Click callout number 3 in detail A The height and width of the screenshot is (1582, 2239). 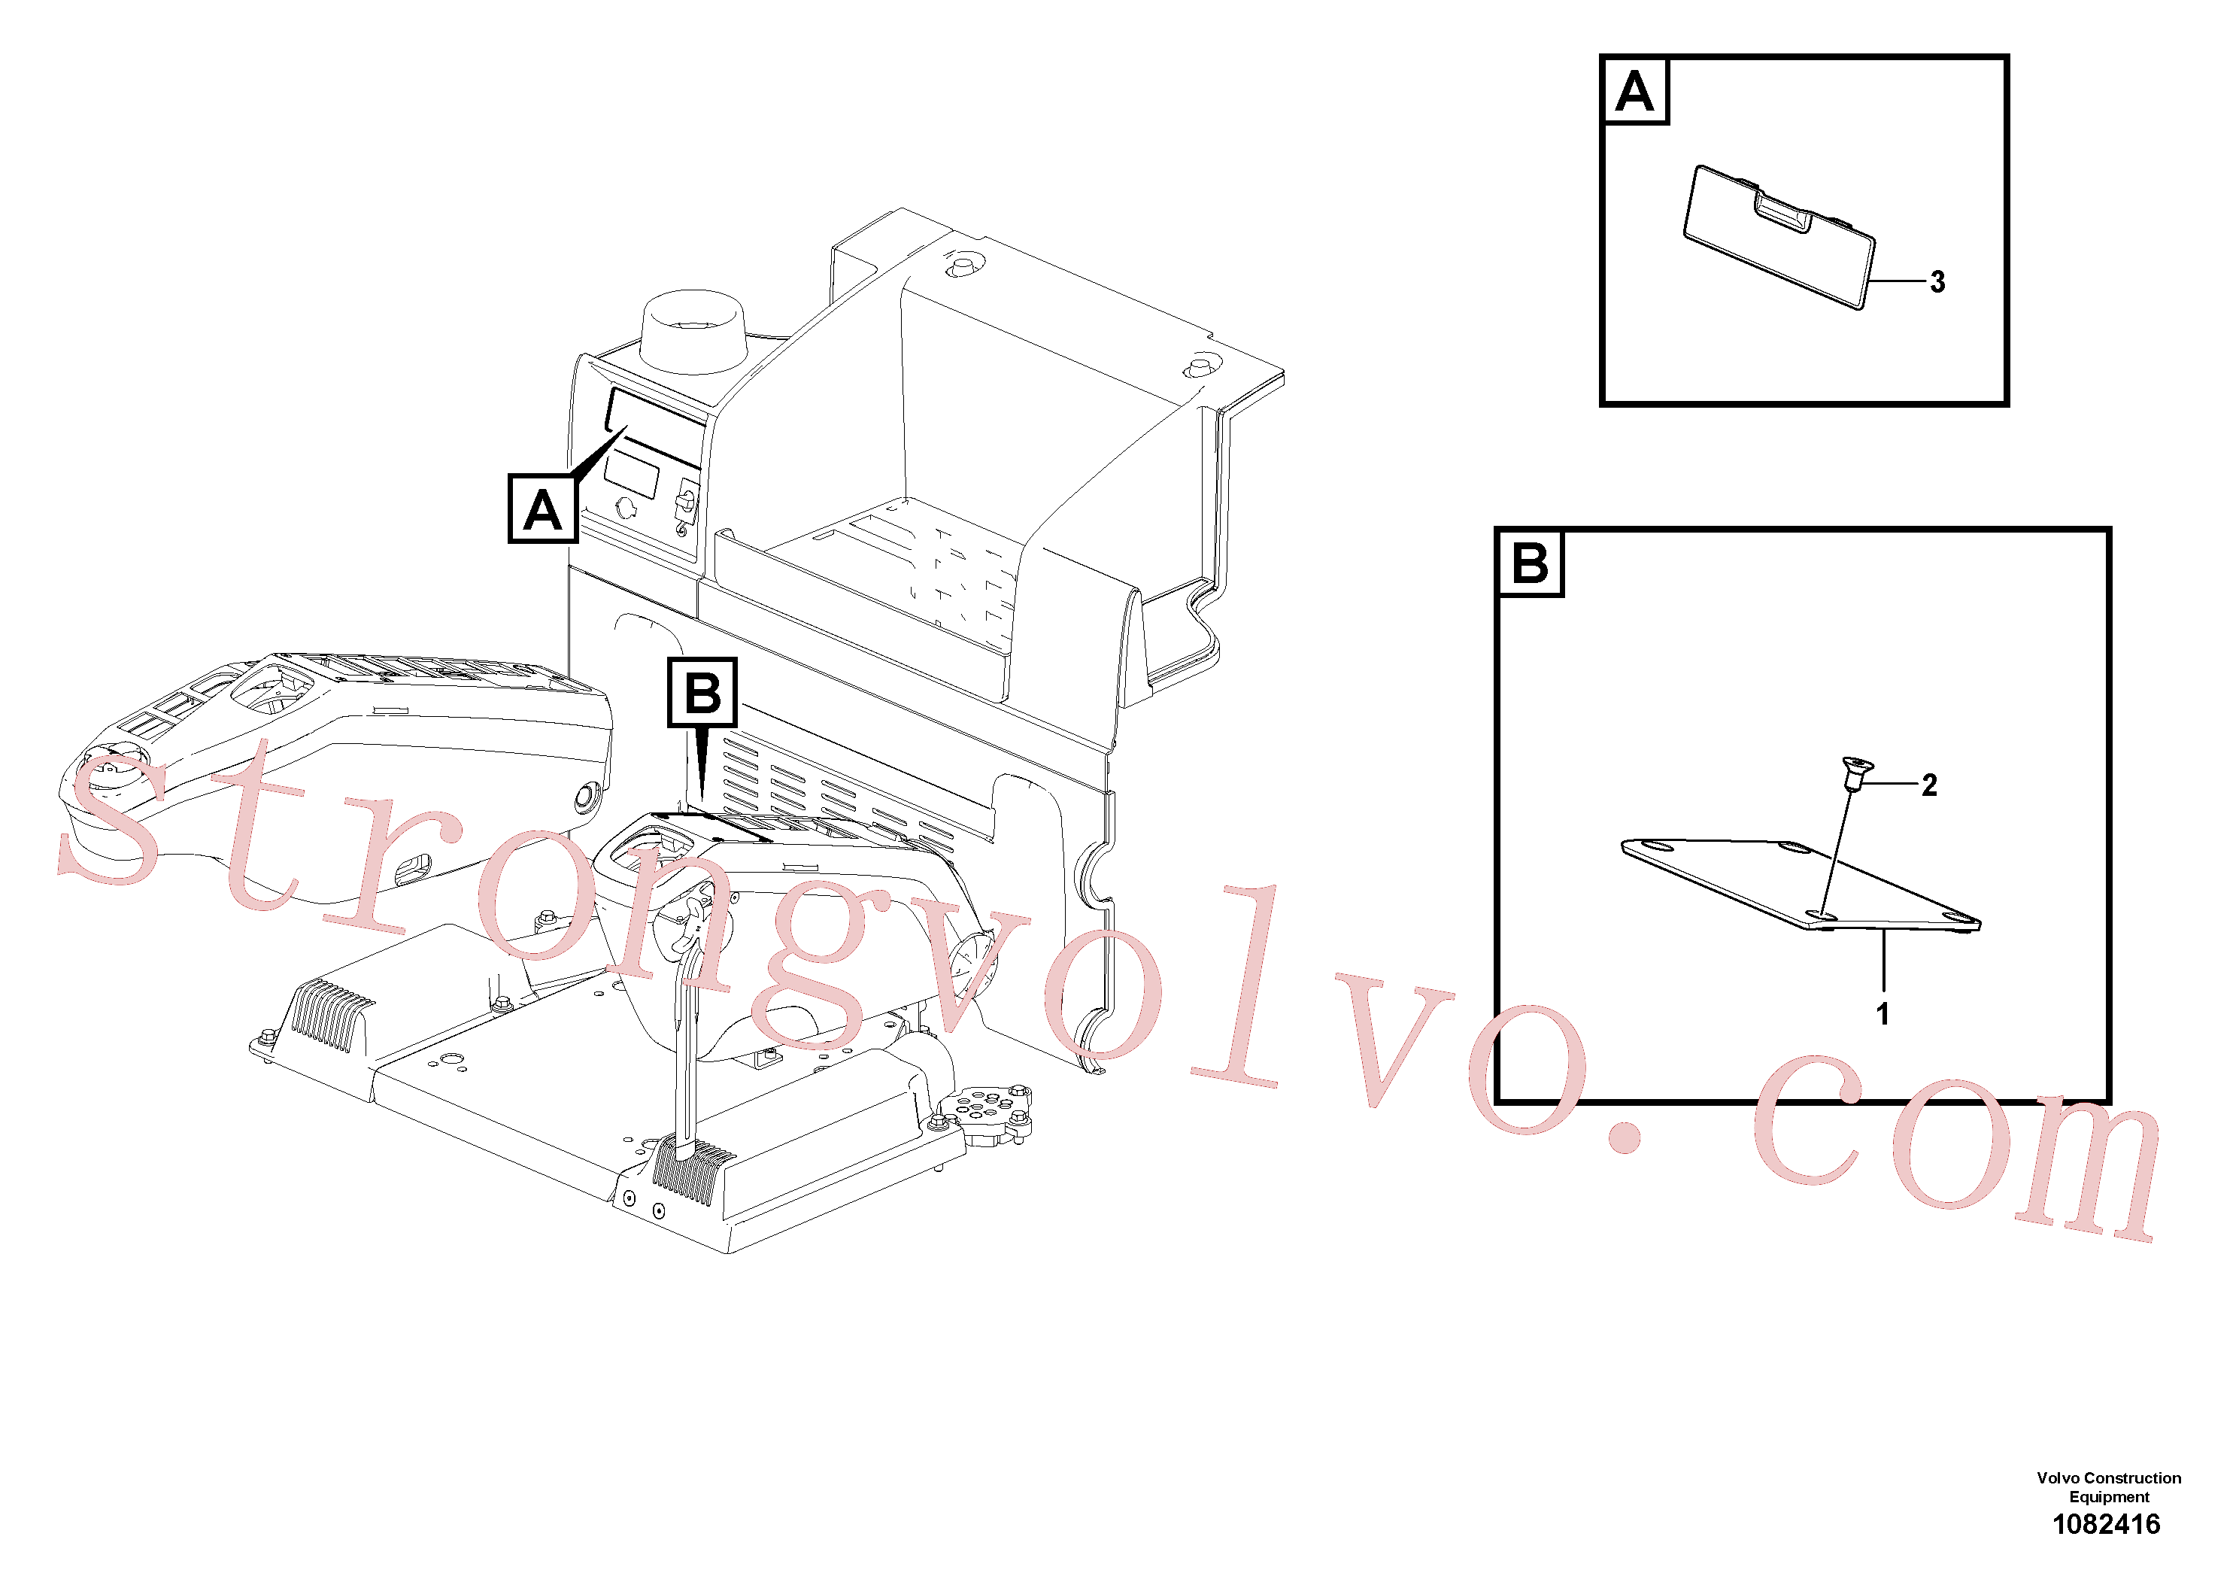[x=1937, y=282]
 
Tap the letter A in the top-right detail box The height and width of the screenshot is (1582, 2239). [x=1634, y=92]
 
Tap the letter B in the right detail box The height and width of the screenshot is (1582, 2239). [x=1530, y=563]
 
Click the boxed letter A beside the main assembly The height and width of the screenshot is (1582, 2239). [x=543, y=509]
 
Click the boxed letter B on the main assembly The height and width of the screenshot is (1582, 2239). [x=702, y=693]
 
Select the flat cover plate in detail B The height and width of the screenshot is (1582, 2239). [x=1801, y=884]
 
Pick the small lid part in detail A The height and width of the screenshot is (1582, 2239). [x=1779, y=237]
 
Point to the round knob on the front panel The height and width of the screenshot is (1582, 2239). [x=625, y=507]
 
